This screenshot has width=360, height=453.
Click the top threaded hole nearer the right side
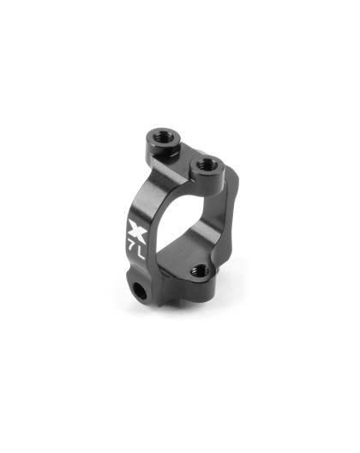pos(206,163)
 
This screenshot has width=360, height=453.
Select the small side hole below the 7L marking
pos(137,296)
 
